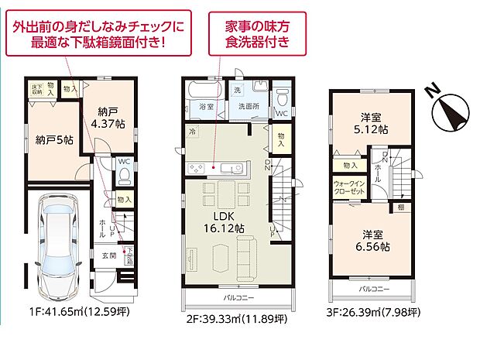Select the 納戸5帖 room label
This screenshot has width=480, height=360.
tap(54, 140)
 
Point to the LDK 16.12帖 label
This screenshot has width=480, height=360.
tap(219, 221)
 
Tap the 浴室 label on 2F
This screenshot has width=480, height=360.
tap(207, 106)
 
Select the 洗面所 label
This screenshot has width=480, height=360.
tap(249, 106)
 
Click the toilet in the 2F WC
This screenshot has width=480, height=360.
tap(283, 98)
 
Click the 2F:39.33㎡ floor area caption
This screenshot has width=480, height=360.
tap(235, 317)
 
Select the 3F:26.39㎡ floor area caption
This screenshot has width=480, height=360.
tap(372, 313)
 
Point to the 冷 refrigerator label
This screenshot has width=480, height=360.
tap(191, 132)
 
